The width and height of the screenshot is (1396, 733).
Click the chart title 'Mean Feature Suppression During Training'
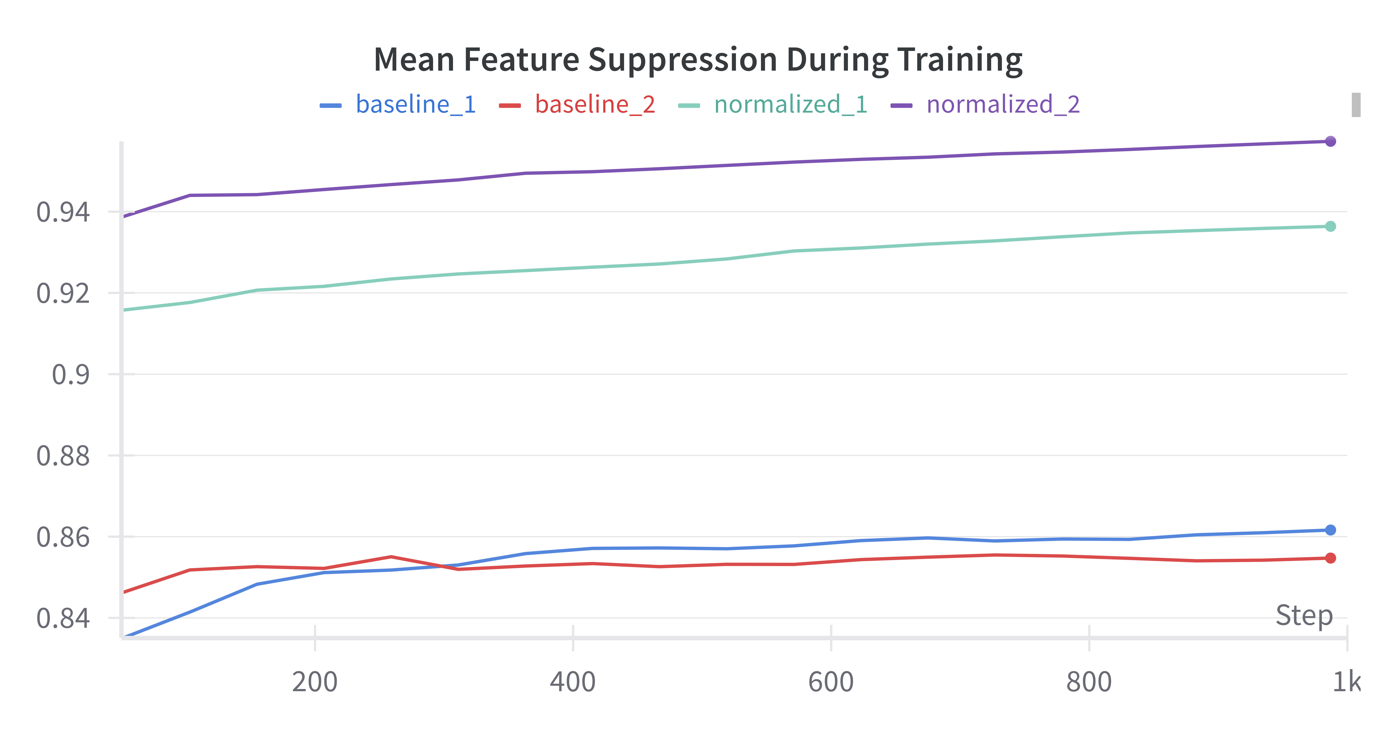tap(698, 60)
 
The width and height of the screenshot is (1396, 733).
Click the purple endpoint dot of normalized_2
tap(1330, 141)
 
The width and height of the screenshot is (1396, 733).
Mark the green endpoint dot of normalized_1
tap(1330, 227)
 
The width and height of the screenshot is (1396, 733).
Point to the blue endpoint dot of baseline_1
tap(1330, 530)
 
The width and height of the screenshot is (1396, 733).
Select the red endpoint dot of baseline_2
tap(1330, 558)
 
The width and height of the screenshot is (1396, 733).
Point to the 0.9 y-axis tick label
tap(70, 374)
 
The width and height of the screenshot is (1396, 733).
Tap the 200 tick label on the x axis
tap(315, 681)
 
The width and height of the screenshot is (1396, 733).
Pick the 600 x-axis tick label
tap(831, 681)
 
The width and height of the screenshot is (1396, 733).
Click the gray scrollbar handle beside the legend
tap(1356, 105)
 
